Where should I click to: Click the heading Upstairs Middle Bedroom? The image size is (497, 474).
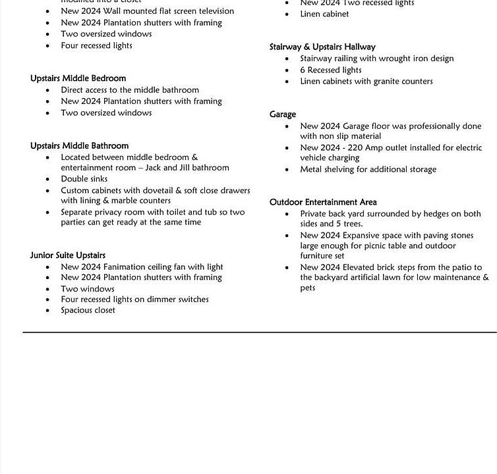pos(78,78)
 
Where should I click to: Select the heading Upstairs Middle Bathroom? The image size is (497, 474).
pos(79,145)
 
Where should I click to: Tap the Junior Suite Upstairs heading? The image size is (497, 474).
pos(67,255)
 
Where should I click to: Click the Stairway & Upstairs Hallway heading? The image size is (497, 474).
pos(322,47)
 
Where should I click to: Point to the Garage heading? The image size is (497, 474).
pos(283,115)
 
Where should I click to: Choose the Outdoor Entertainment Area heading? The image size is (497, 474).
pos(323,202)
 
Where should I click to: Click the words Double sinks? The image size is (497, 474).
pos(84,179)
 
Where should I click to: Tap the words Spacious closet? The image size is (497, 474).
pos(88,310)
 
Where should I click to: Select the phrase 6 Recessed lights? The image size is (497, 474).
pos(331,70)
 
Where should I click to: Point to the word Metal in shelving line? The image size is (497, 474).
pos(312,169)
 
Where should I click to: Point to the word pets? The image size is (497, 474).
pos(308,288)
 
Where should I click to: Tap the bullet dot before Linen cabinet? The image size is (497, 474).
pos(287,14)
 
